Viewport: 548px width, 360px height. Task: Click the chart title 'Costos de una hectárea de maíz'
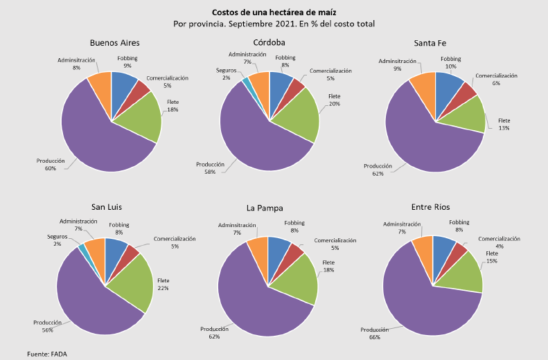(274, 12)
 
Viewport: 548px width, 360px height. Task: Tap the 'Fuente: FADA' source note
(47, 354)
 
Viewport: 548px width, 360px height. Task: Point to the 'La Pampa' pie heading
(264, 208)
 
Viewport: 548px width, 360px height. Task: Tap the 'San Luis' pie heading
(109, 206)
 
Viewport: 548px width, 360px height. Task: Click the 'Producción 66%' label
(375, 333)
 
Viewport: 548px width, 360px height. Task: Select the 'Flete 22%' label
(163, 283)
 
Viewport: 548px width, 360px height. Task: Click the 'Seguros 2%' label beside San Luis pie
(58, 240)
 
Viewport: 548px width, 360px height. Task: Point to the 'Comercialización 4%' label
(499, 242)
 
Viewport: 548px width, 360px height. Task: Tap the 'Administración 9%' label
(397, 64)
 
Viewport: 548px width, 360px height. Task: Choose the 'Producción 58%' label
(210, 168)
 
